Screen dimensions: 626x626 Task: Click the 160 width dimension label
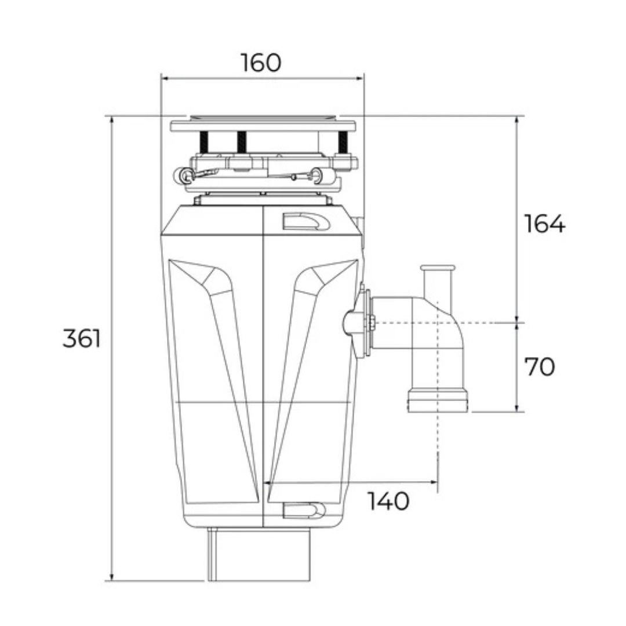[x=261, y=63]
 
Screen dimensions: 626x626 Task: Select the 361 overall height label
[x=82, y=339]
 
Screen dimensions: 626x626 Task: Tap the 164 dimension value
[x=544, y=224]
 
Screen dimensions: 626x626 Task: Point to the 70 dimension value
[x=539, y=366]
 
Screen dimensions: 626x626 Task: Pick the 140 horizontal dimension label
[x=388, y=501]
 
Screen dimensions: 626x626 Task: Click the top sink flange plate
[x=263, y=125]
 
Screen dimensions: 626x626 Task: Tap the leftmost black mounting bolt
[x=204, y=141]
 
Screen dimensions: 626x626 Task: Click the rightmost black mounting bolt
[x=343, y=142]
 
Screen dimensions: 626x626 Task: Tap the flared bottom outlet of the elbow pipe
[x=438, y=401]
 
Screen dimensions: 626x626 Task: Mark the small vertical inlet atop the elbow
[x=438, y=281]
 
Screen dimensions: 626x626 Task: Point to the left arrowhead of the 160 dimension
[x=164, y=78]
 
